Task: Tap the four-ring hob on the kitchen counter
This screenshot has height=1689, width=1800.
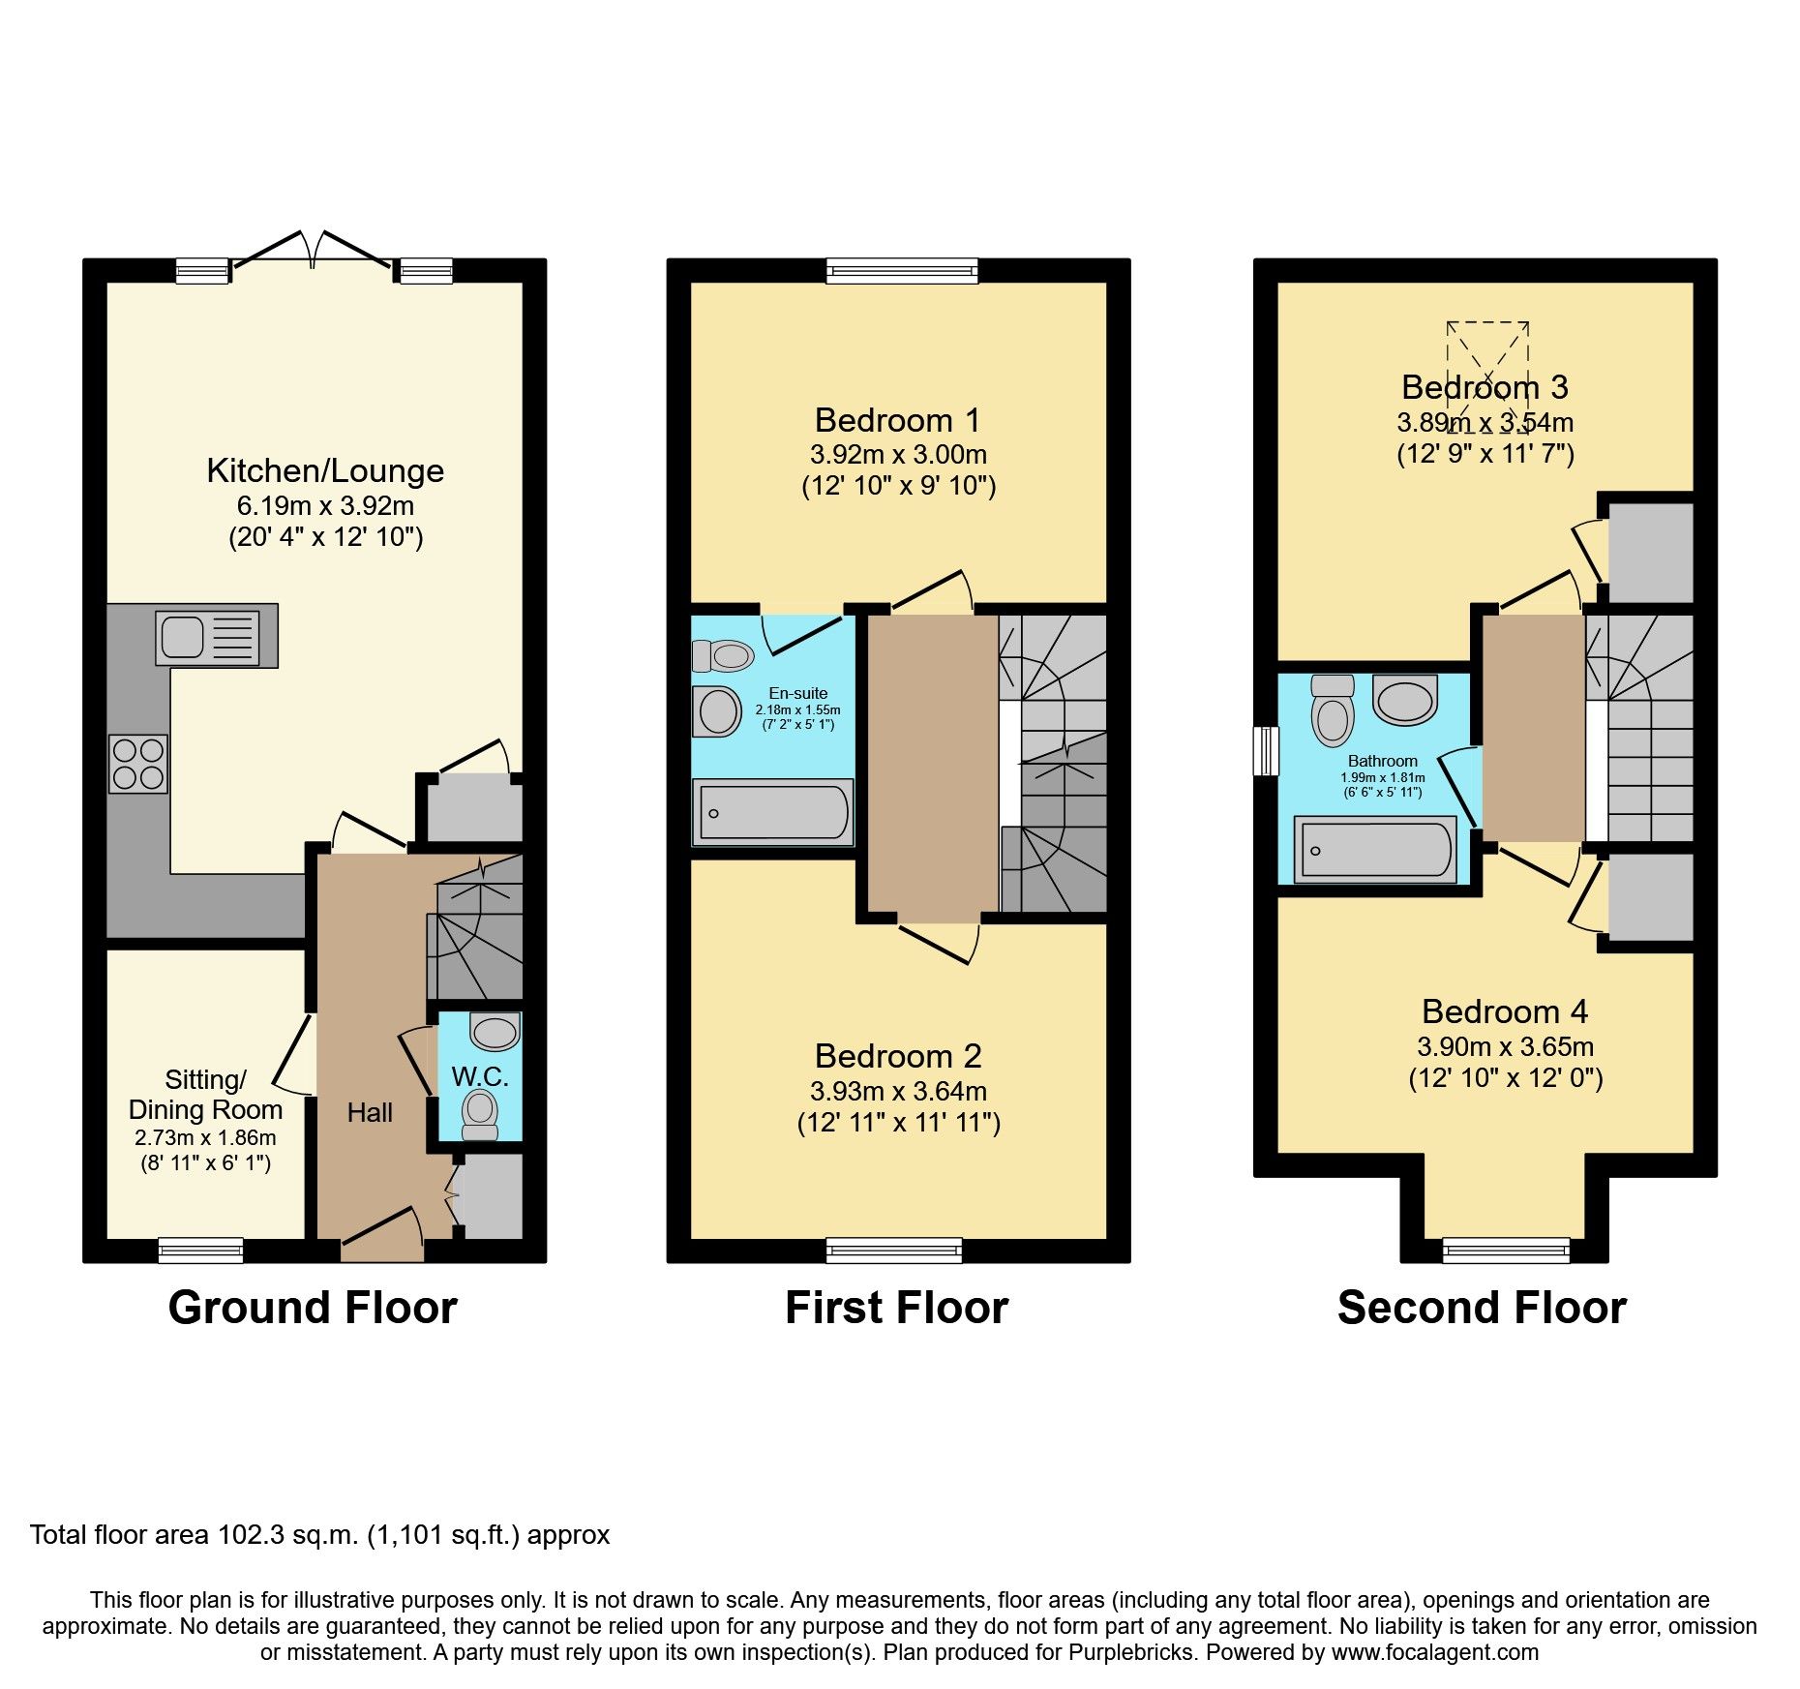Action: click(x=138, y=764)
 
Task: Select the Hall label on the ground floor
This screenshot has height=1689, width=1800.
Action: click(x=370, y=1113)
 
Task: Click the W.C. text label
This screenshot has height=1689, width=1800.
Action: click(x=479, y=1076)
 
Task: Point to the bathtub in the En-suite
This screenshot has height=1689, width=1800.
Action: click(x=773, y=812)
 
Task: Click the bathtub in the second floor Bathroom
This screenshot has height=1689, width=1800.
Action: click(x=1375, y=850)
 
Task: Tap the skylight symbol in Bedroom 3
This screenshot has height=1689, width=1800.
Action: click(x=1487, y=377)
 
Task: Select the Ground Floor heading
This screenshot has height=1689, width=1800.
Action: click(x=313, y=1308)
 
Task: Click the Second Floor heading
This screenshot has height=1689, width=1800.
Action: click(x=1482, y=1308)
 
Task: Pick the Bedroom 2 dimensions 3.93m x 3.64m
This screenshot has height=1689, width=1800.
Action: click(x=898, y=1092)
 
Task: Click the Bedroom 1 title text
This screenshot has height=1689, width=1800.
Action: click(x=897, y=420)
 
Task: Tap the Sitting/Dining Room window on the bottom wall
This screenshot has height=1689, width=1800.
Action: click(x=201, y=1251)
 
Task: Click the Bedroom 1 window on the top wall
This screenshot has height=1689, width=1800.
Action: click(x=902, y=270)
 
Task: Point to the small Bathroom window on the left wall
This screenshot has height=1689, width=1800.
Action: click(x=1266, y=751)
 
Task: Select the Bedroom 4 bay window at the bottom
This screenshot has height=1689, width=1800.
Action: click(x=1506, y=1251)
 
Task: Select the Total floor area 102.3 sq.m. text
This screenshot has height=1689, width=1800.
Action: click(x=319, y=1535)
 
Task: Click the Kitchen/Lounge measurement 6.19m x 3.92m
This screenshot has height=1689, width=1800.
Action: click(x=325, y=506)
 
